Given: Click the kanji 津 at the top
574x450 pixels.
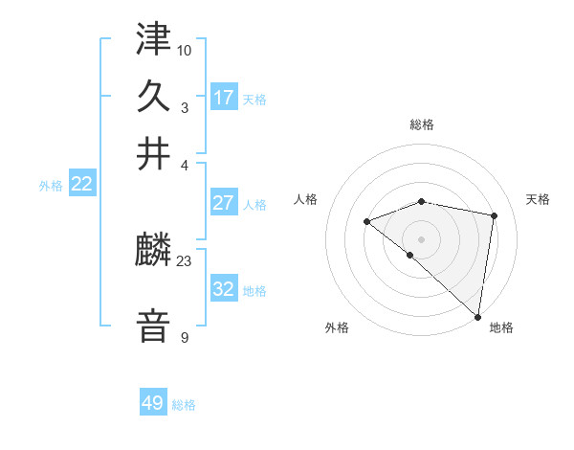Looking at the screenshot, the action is tap(154, 39).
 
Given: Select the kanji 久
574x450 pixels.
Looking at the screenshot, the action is tap(154, 97).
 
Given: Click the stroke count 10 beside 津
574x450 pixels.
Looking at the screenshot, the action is tap(185, 49).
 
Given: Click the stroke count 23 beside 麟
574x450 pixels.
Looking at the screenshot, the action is tap(185, 260).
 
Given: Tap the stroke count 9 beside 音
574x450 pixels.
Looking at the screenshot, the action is tap(185, 338).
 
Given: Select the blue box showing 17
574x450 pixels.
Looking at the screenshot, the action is tap(223, 97).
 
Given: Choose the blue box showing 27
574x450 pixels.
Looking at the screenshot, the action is tap(223, 203).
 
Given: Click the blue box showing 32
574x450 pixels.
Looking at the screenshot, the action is tap(223, 288).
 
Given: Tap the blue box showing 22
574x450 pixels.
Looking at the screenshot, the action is tap(81, 185).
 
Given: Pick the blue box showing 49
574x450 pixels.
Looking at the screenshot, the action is tap(153, 403).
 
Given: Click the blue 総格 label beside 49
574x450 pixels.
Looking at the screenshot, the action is tap(184, 405).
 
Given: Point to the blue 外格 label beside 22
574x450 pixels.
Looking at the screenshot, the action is tap(50, 186).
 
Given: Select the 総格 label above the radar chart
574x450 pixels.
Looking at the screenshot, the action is tap(422, 124).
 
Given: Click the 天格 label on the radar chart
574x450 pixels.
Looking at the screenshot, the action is tap(539, 199).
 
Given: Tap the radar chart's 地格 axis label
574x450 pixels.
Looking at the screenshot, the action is tap(501, 328).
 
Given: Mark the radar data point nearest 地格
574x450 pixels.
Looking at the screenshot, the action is tap(477, 316).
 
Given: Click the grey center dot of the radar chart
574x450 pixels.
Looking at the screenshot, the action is tap(422, 238).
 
